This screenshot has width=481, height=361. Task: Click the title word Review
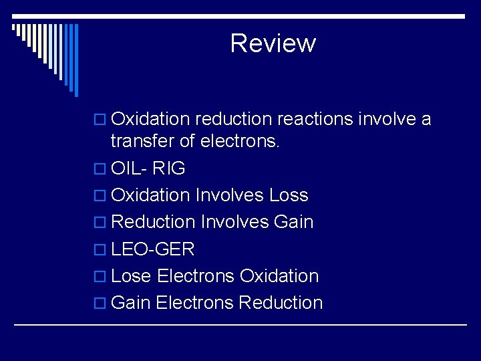[x=273, y=43]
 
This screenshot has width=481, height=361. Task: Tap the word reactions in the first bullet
[x=315, y=120]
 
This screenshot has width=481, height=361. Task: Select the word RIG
[x=169, y=168]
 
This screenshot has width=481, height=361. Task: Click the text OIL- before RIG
[x=129, y=168]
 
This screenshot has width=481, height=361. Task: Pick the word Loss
[x=289, y=195]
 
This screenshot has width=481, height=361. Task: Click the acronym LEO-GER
[x=153, y=249]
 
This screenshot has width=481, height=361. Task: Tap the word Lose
[x=131, y=276]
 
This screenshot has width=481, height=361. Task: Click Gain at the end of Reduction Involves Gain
[x=294, y=222]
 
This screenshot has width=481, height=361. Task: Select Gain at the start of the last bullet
[x=131, y=303]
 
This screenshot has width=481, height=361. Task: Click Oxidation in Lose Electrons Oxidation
[x=279, y=276]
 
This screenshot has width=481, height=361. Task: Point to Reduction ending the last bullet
[x=281, y=303]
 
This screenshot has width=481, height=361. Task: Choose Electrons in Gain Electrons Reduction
[x=194, y=303]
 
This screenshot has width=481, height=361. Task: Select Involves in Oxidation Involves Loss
[x=230, y=195]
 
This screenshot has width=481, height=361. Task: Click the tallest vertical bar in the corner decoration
[x=76, y=60]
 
